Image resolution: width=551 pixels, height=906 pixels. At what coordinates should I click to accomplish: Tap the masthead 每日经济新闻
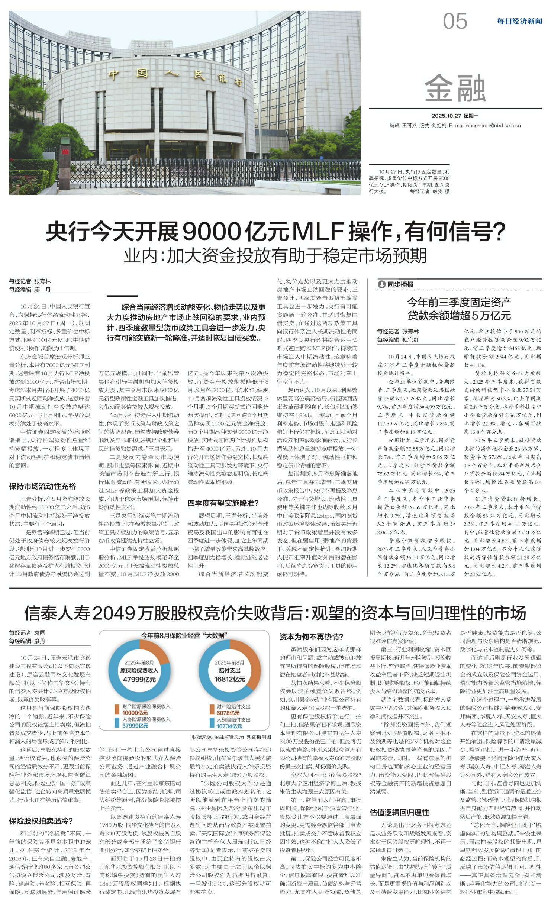pyautogui.click(x=519, y=21)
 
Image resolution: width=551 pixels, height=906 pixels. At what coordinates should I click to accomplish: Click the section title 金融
pyautogui.click(x=455, y=88)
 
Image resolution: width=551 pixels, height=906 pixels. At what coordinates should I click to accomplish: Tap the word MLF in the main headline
pyautogui.click(x=317, y=232)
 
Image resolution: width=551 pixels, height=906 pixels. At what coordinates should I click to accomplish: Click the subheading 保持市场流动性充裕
pyautogui.click(x=42, y=486)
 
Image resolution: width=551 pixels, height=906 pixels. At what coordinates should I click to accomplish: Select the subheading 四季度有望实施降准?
pyautogui.click(x=223, y=503)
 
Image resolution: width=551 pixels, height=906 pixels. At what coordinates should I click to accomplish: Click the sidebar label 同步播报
pyautogui.click(x=400, y=284)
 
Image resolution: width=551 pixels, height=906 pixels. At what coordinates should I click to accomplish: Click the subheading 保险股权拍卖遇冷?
pyautogui.click(x=41, y=821)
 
